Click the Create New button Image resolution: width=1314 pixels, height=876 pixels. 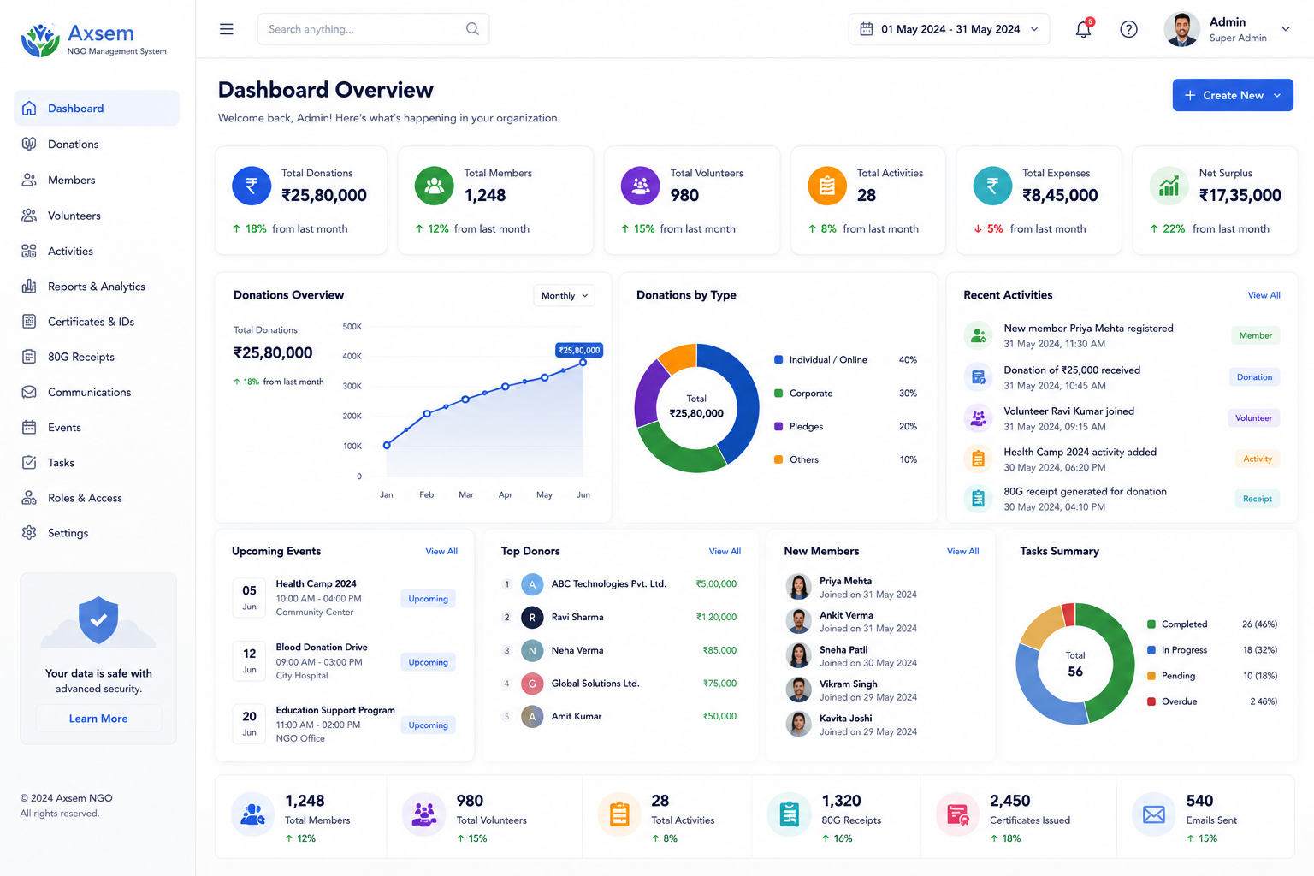point(1233,95)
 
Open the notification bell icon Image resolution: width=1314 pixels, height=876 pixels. point(1084,29)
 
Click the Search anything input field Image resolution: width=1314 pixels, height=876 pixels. point(373,29)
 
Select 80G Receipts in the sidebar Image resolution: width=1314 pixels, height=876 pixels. point(81,357)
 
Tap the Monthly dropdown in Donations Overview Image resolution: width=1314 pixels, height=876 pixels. point(564,295)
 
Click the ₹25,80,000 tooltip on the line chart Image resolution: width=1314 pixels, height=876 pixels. point(579,350)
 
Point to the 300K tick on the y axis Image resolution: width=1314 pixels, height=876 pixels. point(352,386)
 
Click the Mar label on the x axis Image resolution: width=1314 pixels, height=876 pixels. point(465,494)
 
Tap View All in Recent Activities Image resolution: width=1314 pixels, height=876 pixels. point(1264,295)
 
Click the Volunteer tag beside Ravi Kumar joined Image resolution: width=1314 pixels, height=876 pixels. point(1253,417)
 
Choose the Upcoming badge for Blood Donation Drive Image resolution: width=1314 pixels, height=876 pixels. point(428,662)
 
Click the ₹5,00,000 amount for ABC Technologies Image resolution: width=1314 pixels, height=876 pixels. point(716,583)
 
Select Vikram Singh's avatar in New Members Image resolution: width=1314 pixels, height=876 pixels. point(798,690)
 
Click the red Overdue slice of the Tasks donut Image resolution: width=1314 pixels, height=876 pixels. point(1068,613)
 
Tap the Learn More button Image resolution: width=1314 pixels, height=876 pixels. point(98,719)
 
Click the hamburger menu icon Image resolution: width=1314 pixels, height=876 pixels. point(227,29)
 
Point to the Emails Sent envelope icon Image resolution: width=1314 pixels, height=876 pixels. point(1153,814)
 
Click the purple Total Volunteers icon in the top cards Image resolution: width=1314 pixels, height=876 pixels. point(640,186)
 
